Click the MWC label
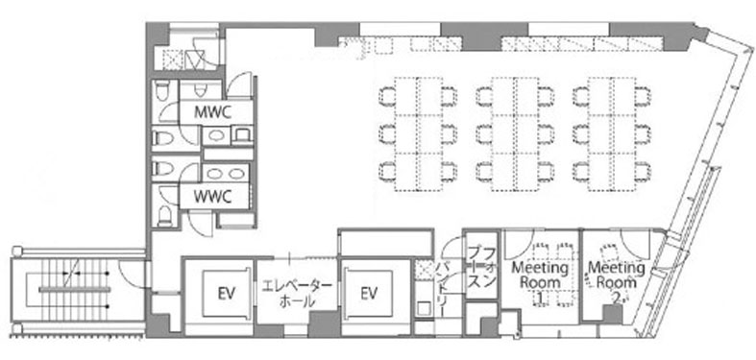pyautogui.click(x=212, y=112)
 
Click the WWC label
pyautogui.click(x=212, y=197)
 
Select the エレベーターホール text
pyautogui.click(x=297, y=295)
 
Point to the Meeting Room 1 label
pyautogui.click(x=538, y=282)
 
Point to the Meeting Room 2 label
pyautogui.click(x=617, y=282)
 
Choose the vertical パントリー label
pyautogui.click(x=443, y=289)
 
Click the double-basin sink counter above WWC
pyautogui.click(x=225, y=173)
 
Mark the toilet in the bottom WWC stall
pyautogui.click(x=165, y=216)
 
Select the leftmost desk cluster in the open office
pyautogui.click(x=418, y=134)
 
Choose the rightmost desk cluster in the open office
pyautogui.click(x=612, y=134)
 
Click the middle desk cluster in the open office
pyautogui.click(x=515, y=134)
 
